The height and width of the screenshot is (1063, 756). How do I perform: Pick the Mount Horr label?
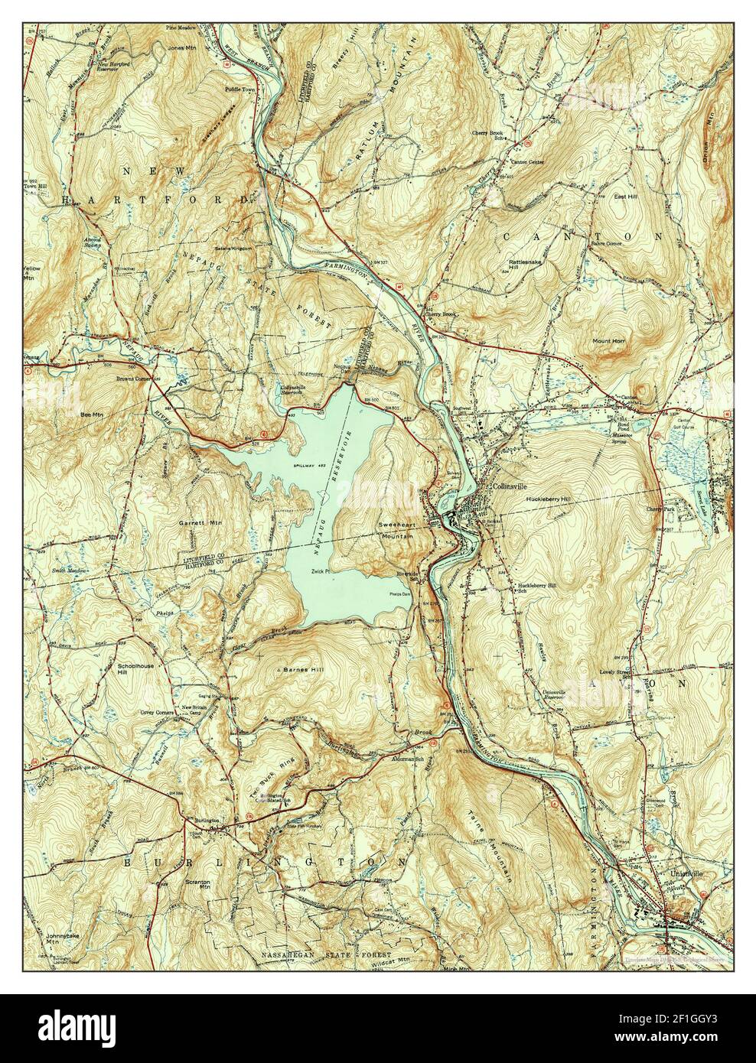[x=608, y=340]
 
